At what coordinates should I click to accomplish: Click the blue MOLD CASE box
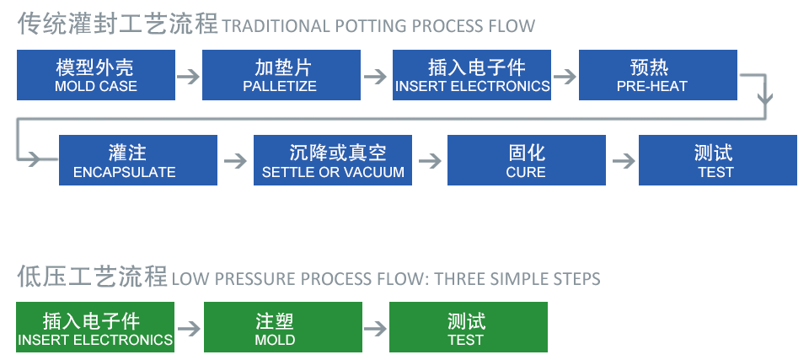pos(96,75)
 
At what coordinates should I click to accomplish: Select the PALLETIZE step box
pos(281,75)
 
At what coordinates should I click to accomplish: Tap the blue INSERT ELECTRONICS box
pos(472,75)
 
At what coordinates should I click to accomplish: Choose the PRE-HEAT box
pos(658,75)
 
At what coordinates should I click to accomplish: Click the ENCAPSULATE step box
pos(138,160)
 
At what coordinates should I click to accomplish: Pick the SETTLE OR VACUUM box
pos(333,160)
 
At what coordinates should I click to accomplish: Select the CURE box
pos(526,160)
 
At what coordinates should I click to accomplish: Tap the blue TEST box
pos(718,160)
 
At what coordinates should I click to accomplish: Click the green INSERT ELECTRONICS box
pos(95,327)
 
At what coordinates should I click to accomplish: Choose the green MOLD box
pos(283,327)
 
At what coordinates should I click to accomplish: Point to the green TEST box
pos(468,327)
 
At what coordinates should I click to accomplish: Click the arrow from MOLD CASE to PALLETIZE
pos(188,77)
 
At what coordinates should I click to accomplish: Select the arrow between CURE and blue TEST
pos(624,161)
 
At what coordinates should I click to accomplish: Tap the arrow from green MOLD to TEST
pos(375,329)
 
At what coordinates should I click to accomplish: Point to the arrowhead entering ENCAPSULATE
pos(34,159)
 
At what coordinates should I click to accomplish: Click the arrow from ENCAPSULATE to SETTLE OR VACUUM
pos(236,161)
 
